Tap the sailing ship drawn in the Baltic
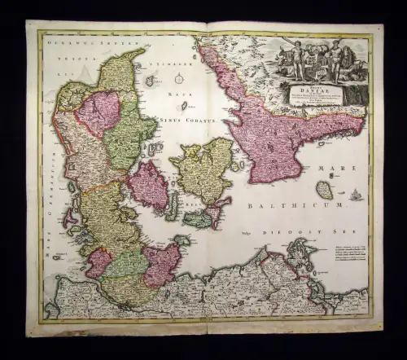tap(357, 195)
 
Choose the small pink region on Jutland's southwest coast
tap(99, 262)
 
